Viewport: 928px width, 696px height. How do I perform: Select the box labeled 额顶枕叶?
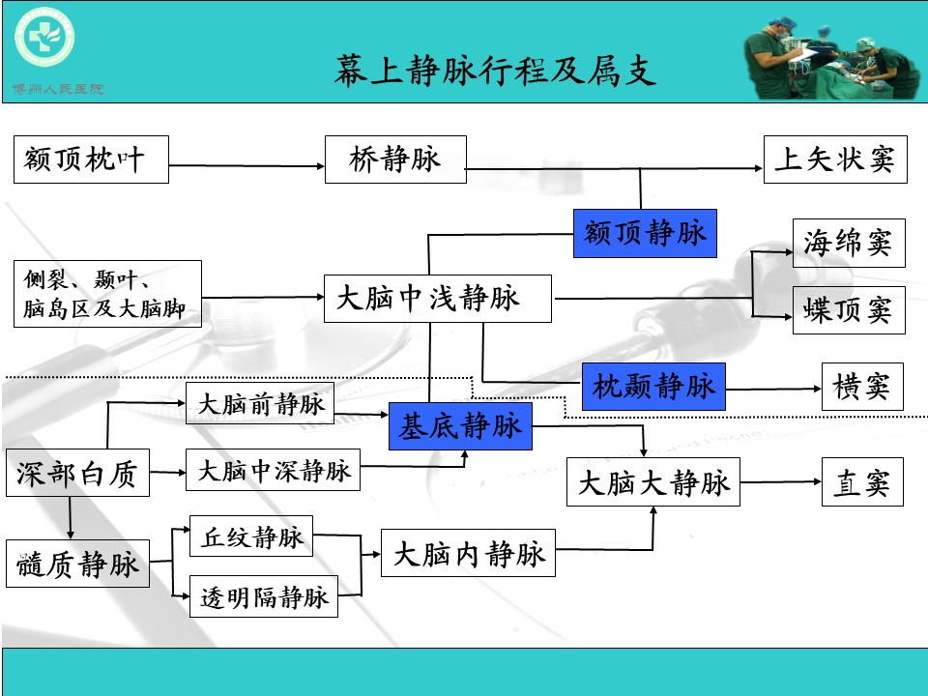(92, 159)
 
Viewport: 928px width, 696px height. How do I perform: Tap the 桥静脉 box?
(395, 159)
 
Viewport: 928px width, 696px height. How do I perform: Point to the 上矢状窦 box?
(835, 159)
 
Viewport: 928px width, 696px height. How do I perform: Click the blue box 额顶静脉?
(645, 233)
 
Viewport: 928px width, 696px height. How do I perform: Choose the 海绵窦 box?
(848, 244)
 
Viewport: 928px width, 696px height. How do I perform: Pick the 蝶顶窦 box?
(848, 310)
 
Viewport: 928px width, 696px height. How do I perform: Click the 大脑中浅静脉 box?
(437, 299)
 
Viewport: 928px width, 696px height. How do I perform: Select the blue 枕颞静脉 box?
(653, 387)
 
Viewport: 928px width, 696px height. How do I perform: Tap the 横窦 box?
(861, 387)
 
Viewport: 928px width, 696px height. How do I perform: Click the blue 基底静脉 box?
(460, 426)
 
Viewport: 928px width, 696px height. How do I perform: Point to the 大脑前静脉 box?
(260, 404)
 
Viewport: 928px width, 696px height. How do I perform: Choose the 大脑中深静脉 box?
(273, 471)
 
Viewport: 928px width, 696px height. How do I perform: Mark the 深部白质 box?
(77, 474)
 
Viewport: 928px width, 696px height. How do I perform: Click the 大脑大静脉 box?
(652, 481)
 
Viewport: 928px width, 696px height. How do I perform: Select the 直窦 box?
(861, 481)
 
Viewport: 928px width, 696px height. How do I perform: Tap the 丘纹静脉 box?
(252, 537)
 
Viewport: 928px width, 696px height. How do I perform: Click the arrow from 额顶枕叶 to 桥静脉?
(246, 166)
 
